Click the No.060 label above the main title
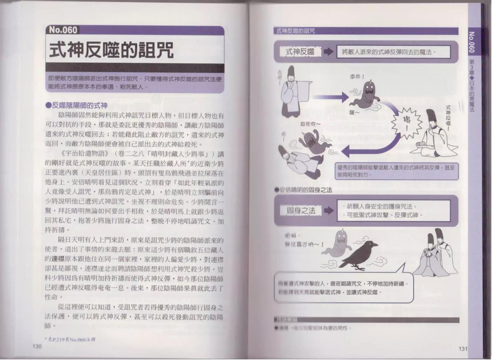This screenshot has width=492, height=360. coord(63,30)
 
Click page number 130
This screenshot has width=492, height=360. coord(37,347)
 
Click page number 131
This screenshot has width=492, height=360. coord(463,349)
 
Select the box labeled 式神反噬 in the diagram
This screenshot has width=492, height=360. coord(300,52)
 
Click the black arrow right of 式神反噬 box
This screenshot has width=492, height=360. coord(328,52)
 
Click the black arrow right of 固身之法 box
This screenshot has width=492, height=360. coord(328,211)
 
